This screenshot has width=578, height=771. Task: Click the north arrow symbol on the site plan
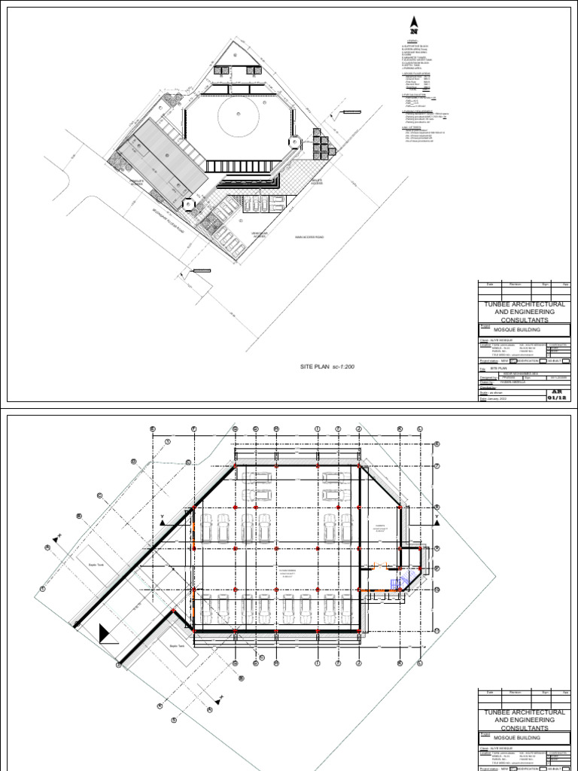coord(412,24)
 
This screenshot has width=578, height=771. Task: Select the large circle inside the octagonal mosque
coord(239,117)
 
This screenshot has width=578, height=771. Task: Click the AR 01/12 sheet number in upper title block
coord(558,396)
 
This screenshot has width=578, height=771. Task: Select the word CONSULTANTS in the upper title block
coord(525,319)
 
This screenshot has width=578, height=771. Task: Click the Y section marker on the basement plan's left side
coord(161,517)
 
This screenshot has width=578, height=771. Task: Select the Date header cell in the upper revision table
coord(489,284)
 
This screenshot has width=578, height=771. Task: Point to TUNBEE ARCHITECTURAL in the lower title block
coord(525,712)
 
